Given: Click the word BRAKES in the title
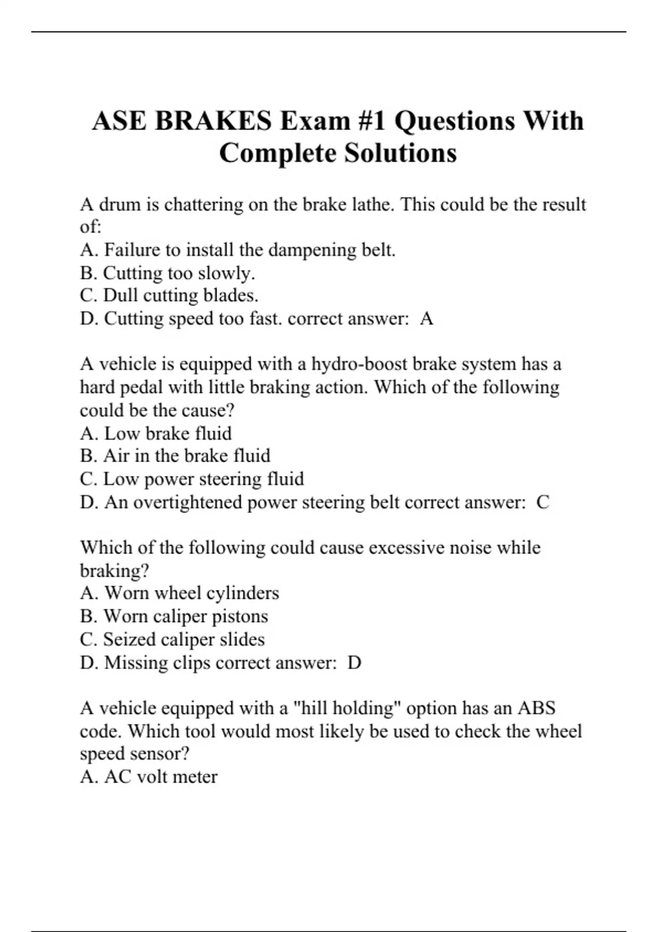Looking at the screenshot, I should pos(213,121).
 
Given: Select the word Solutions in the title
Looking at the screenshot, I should pos(400,153).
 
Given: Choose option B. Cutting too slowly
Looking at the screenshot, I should pos(167,273).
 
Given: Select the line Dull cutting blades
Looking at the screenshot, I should pos(169,295).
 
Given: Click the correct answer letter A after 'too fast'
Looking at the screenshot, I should pos(427,319).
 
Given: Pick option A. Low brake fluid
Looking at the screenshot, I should pos(156,434).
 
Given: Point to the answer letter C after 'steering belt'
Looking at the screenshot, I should pos(542,502).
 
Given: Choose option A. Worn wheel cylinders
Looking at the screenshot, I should pos(179,593).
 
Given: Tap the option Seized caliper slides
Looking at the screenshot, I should pos(172,639).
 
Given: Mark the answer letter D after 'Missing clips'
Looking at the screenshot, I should pos(355,663).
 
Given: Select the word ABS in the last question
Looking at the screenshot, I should pos(536,708).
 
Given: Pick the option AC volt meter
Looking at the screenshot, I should pos(149,777).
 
